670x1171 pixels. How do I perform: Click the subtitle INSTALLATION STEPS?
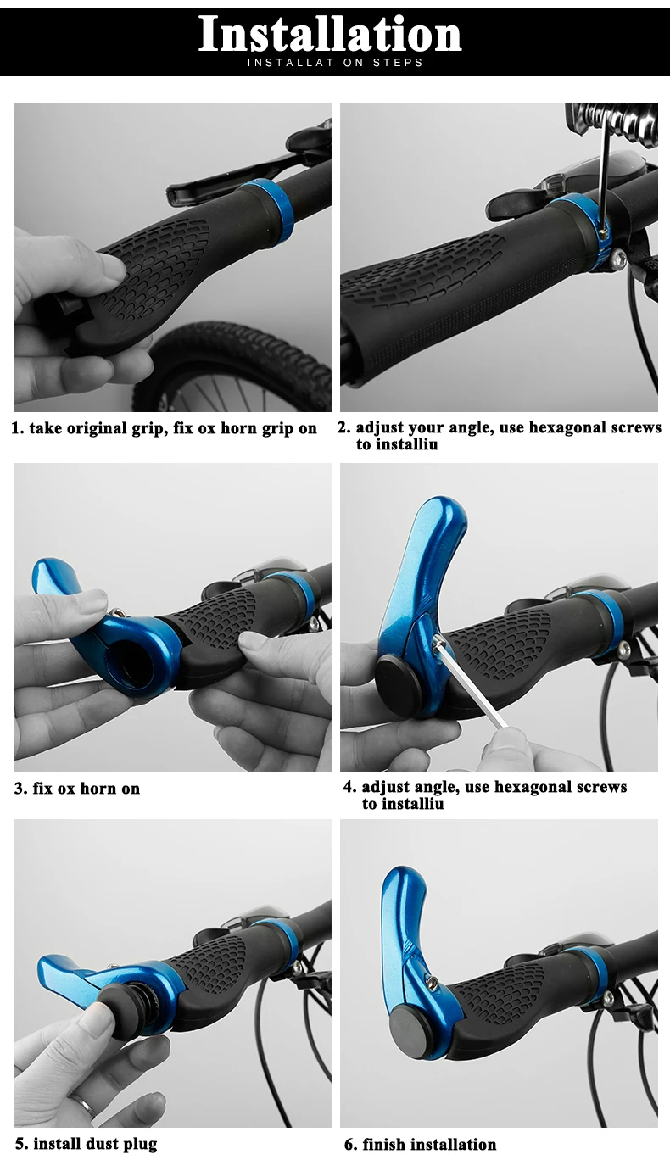pyautogui.click(x=335, y=63)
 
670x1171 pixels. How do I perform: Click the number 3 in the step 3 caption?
pyautogui.click(x=20, y=789)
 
